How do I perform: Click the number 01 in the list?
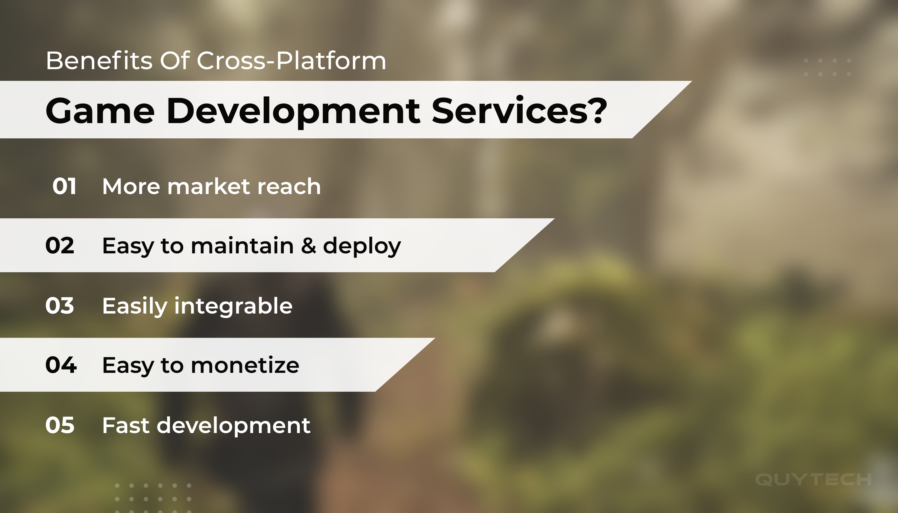(x=64, y=186)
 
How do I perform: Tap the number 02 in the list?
(x=60, y=246)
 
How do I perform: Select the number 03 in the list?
(x=60, y=305)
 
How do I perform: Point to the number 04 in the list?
(x=61, y=365)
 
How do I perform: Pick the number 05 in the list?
(x=60, y=425)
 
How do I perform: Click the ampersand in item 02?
(x=309, y=246)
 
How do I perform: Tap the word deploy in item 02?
(x=362, y=247)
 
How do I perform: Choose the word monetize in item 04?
(x=245, y=365)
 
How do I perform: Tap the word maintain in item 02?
(x=242, y=246)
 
